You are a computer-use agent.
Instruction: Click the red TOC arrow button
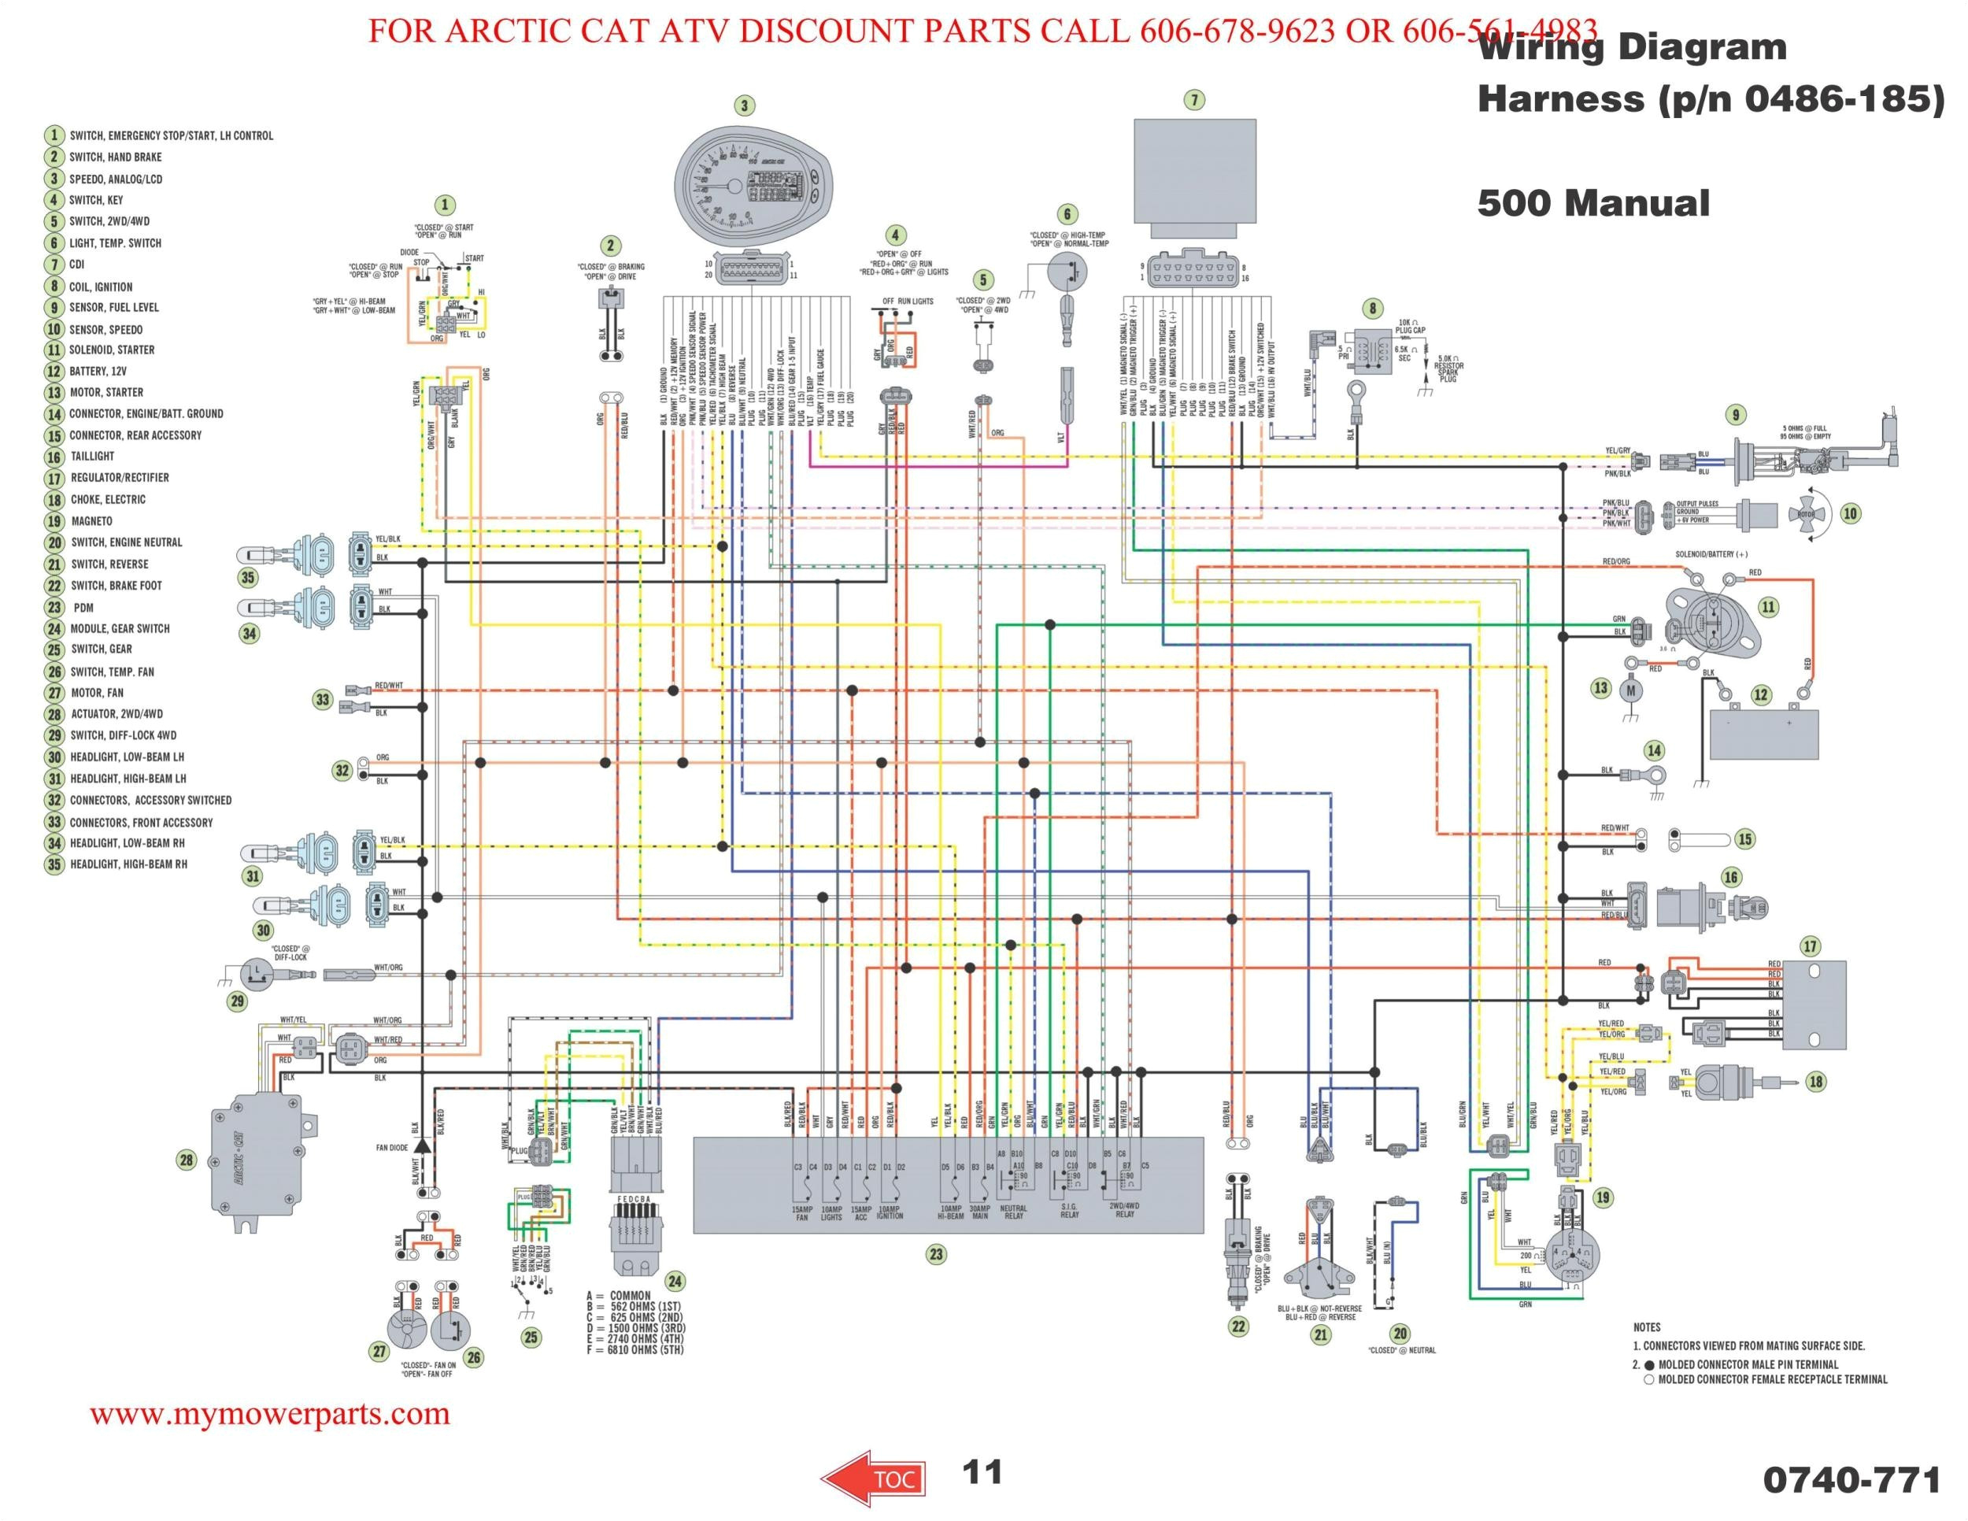click(871, 1478)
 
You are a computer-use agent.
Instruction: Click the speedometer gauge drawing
click(745, 185)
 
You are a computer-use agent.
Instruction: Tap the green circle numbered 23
click(936, 1254)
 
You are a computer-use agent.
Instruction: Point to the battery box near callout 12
click(1763, 735)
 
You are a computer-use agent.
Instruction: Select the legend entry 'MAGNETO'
click(91, 521)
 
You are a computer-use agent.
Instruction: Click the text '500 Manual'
click(1593, 203)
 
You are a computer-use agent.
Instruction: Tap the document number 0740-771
click(1850, 1480)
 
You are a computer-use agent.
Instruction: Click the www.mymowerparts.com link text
click(269, 1414)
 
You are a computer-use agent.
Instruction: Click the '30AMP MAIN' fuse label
click(979, 1212)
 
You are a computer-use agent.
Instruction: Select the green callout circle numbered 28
click(186, 1160)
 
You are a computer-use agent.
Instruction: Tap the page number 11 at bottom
click(982, 1471)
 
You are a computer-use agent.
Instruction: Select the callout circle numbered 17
click(1810, 946)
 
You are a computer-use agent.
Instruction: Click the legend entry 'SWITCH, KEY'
click(95, 200)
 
